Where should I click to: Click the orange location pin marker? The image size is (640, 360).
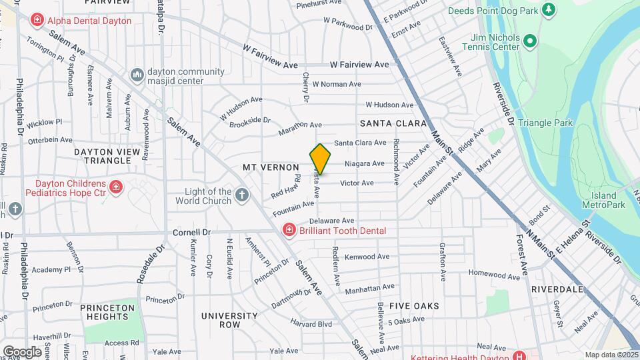coord(321,159)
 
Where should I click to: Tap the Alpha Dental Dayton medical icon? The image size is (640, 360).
coord(37,21)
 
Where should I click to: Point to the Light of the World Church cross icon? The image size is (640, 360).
coord(241,195)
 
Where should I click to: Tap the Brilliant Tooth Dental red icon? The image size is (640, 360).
coord(289,230)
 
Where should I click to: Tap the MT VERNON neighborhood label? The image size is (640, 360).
coord(270,167)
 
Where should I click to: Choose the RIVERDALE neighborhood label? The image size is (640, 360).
coord(557,289)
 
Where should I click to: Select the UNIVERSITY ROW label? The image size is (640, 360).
coord(229,320)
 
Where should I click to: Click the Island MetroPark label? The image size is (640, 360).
coord(603,200)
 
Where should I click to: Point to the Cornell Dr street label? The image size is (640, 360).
coord(191,233)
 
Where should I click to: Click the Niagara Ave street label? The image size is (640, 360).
coord(364,163)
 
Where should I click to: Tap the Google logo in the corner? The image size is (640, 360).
coord(22,351)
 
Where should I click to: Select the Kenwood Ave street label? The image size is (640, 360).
coord(367,257)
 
